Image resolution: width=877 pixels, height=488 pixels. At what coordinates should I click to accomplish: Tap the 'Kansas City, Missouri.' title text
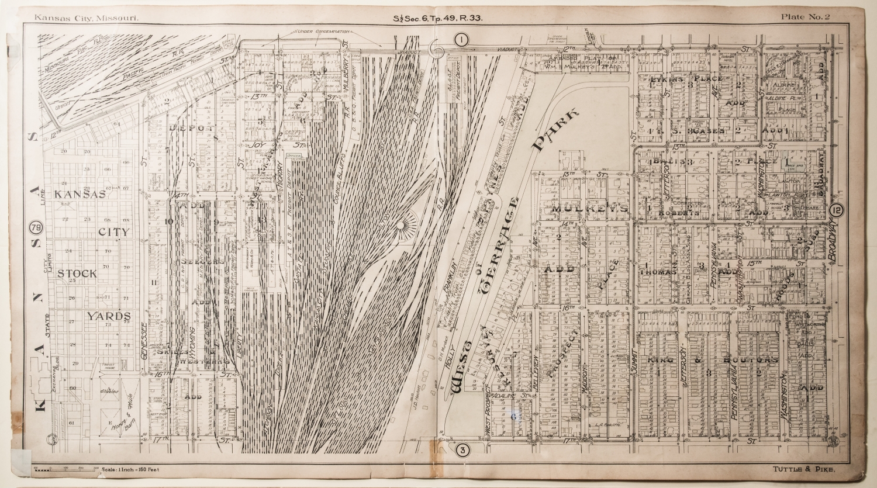coord(87,18)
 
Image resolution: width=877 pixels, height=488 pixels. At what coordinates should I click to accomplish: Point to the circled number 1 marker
coord(461,40)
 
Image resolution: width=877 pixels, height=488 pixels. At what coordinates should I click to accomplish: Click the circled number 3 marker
coord(462,449)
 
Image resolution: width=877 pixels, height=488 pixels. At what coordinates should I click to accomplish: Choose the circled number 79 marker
coord(36,227)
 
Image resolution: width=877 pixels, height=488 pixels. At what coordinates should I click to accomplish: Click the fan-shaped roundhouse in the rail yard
coord(400,226)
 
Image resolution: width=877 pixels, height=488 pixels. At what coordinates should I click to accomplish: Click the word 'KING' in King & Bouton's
coord(661,360)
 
